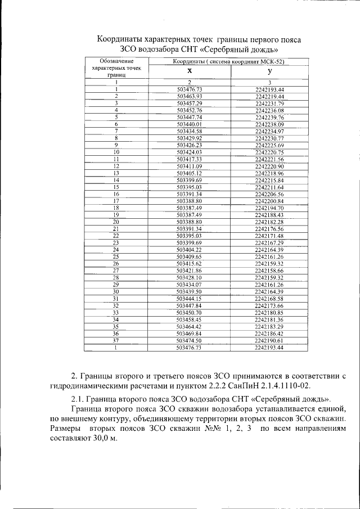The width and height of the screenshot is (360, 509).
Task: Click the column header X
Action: coord(189,71)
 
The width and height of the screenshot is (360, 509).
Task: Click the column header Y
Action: coord(270,71)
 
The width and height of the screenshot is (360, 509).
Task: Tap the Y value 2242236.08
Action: coord(269,110)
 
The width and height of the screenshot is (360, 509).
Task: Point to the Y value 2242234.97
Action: coord(269,131)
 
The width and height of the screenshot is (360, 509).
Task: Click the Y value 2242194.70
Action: coord(269,208)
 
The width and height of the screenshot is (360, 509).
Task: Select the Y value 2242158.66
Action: coord(269,271)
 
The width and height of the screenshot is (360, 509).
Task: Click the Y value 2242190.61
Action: coord(269,340)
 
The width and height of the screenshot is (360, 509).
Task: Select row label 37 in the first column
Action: coord(116,340)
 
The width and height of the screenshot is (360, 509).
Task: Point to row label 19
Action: coord(116,215)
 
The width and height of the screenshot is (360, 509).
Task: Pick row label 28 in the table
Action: coord(116,277)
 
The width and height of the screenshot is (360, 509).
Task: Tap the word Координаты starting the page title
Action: coord(119,40)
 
